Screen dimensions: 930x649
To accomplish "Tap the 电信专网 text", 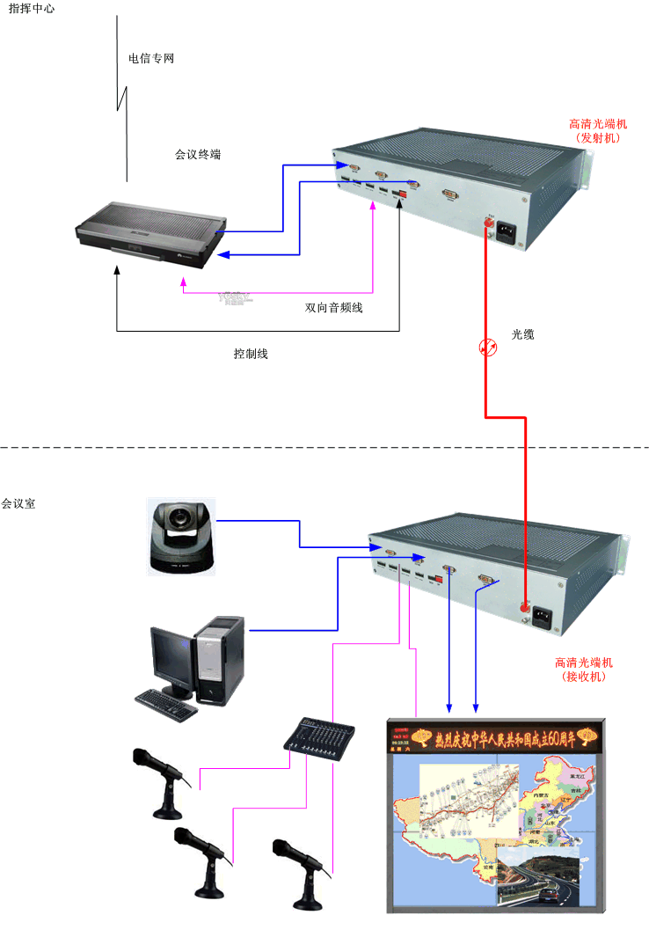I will pyautogui.click(x=151, y=59).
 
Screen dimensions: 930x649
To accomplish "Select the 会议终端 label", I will pyautogui.click(x=198, y=154).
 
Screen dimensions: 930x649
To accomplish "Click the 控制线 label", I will pyautogui.click(x=250, y=354).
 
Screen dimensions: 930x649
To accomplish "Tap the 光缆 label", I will pyautogui.click(x=522, y=334).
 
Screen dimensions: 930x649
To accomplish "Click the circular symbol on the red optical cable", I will pyautogui.click(x=487, y=348).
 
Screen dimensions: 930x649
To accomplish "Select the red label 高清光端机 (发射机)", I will pyautogui.click(x=598, y=131).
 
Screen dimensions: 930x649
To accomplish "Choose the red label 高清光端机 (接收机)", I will pyautogui.click(x=584, y=669).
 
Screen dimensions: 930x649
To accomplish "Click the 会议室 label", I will pyautogui.click(x=18, y=504).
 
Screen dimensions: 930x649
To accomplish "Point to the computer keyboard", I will pyautogui.click(x=166, y=699).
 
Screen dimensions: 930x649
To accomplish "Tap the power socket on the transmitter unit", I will pyautogui.click(x=507, y=234).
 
